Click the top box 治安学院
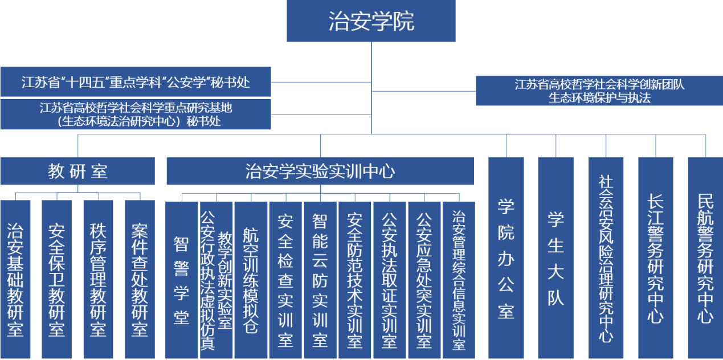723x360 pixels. tap(371, 21)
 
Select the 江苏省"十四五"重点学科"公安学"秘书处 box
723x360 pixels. tap(136, 83)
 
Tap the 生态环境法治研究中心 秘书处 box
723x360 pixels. tap(136, 114)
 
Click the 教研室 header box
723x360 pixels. tap(77, 171)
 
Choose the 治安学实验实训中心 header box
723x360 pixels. tap(320, 171)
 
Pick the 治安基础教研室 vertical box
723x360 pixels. tap(15, 279)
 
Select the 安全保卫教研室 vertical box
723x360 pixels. tap(56, 279)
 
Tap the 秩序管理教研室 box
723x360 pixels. tap(98, 279)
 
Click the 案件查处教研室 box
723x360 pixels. tap(140, 279)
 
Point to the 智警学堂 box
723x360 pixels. tap(182, 280)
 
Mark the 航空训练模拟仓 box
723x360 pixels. tap(251, 280)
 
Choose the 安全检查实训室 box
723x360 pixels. tap(285, 280)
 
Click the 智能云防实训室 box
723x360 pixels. tap(320, 280)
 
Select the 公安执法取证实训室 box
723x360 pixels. tap(390, 280)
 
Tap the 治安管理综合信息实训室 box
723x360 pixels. tap(459, 280)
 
